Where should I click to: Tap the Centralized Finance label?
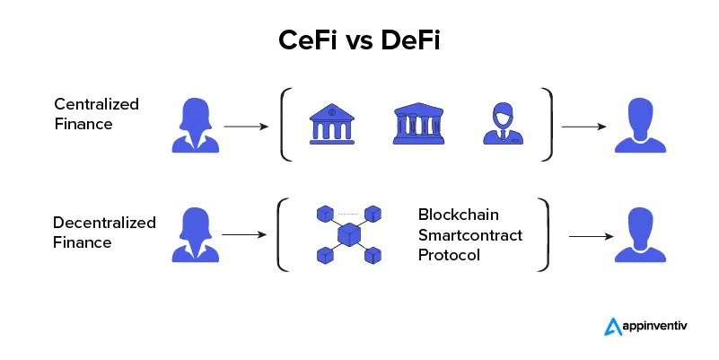point(96,114)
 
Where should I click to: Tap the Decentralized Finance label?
point(104,232)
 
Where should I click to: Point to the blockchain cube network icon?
point(349,235)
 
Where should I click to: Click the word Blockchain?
point(458,215)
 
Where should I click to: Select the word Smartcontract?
point(470,235)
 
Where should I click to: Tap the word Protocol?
point(449,255)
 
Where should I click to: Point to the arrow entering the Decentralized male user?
point(591,237)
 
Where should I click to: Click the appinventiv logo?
point(653,327)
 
